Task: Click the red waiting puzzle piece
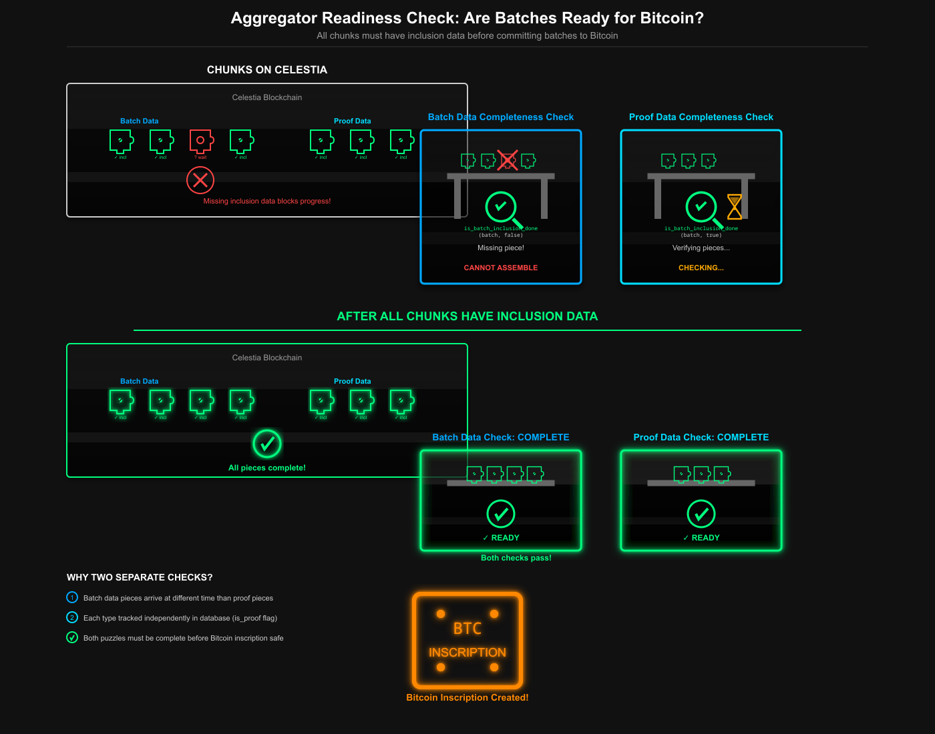pyautogui.click(x=201, y=141)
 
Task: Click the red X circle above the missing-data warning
pyautogui.click(x=200, y=179)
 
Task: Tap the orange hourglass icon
pyautogui.click(x=735, y=207)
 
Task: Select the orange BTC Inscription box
pyautogui.click(x=467, y=641)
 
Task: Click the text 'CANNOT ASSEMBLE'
pyautogui.click(x=501, y=268)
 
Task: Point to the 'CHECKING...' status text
pyautogui.click(x=701, y=268)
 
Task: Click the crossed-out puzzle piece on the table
pyautogui.click(x=508, y=160)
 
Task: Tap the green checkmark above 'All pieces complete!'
pyautogui.click(x=267, y=443)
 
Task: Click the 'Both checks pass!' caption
pyautogui.click(x=516, y=558)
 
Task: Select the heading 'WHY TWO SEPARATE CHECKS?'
pyautogui.click(x=140, y=577)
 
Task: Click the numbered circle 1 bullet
pyautogui.click(x=72, y=597)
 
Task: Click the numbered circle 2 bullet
pyautogui.click(x=72, y=617)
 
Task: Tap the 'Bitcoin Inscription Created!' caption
pyautogui.click(x=467, y=697)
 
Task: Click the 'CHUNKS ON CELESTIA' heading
pyautogui.click(x=267, y=70)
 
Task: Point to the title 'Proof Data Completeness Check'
pyautogui.click(x=701, y=117)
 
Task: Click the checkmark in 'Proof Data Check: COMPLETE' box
pyautogui.click(x=701, y=514)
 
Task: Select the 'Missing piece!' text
pyautogui.click(x=501, y=248)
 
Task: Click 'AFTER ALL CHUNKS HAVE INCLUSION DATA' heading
pyautogui.click(x=467, y=316)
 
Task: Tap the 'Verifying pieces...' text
pyautogui.click(x=701, y=248)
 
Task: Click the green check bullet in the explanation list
pyautogui.click(x=72, y=637)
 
